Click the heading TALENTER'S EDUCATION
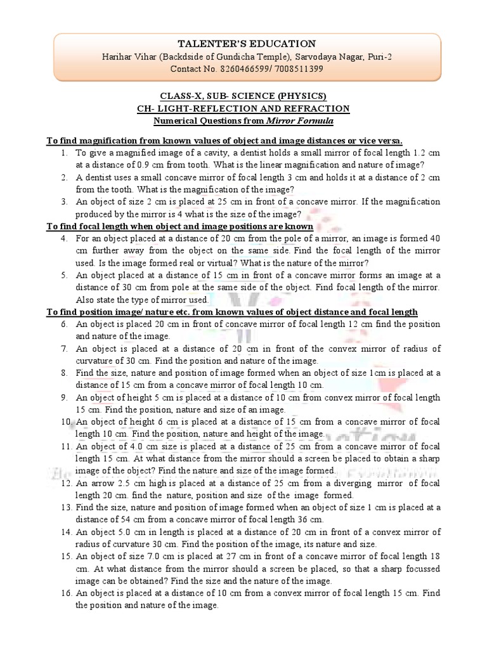(x=243, y=44)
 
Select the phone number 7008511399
(x=297, y=68)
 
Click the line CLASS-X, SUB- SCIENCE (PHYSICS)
(x=243, y=96)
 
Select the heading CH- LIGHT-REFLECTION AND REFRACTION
(x=243, y=108)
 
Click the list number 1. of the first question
(x=65, y=153)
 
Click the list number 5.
(x=65, y=276)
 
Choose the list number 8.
(x=65, y=373)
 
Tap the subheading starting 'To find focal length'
(x=180, y=226)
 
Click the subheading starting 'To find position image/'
(x=232, y=312)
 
